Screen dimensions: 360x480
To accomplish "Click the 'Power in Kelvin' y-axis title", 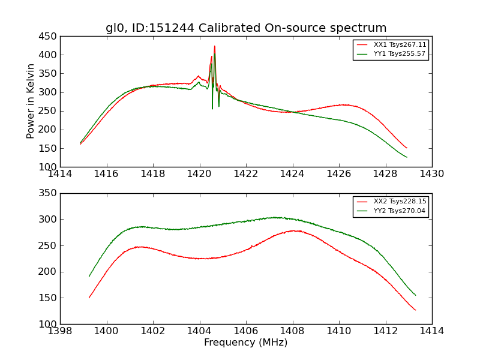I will pyautogui.click(x=31, y=101).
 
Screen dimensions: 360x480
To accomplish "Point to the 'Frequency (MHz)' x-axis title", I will pyautogui.click(x=246, y=343).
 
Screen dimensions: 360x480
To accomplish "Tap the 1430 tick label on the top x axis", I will pyautogui.click(x=432, y=174).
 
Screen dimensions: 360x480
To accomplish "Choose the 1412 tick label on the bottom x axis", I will pyautogui.click(x=385, y=331).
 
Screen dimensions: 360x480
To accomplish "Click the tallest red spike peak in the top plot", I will pyautogui.click(x=215, y=46).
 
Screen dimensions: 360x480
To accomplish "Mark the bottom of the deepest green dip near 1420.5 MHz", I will pyautogui.click(x=212, y=109).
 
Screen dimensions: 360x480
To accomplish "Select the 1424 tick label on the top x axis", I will pyautogui.click(x=293, y=174).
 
